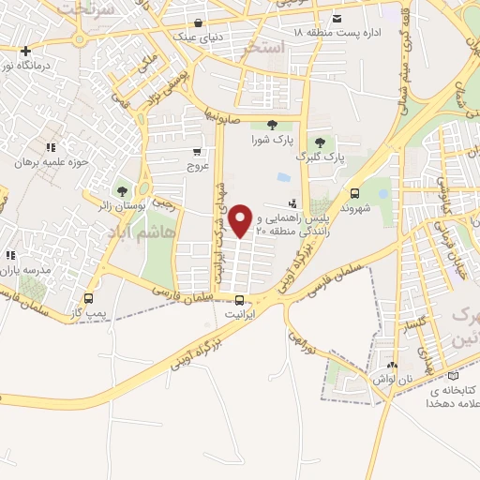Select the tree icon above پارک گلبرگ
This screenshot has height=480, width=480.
pos(321,142)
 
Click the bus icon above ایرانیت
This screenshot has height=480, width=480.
pos(240,301)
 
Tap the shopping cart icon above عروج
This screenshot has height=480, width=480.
pos(197,151)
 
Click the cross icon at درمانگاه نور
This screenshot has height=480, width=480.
pos(26,51)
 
